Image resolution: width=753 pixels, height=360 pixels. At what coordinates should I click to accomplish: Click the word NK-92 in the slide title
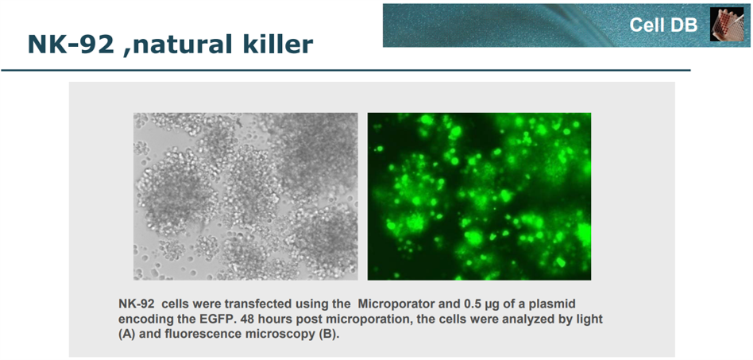coord(71,45)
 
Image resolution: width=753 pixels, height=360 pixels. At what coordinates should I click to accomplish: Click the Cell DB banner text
coord(663,25)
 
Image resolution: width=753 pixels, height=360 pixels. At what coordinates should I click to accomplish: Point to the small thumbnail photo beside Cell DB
coord(727,24)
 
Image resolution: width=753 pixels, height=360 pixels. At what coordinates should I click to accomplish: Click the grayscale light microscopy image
coord(245,196)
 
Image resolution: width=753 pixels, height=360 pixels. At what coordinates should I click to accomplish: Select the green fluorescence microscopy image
coord(479,196)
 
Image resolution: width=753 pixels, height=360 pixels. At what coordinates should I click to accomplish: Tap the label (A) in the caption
coord(127,334)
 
